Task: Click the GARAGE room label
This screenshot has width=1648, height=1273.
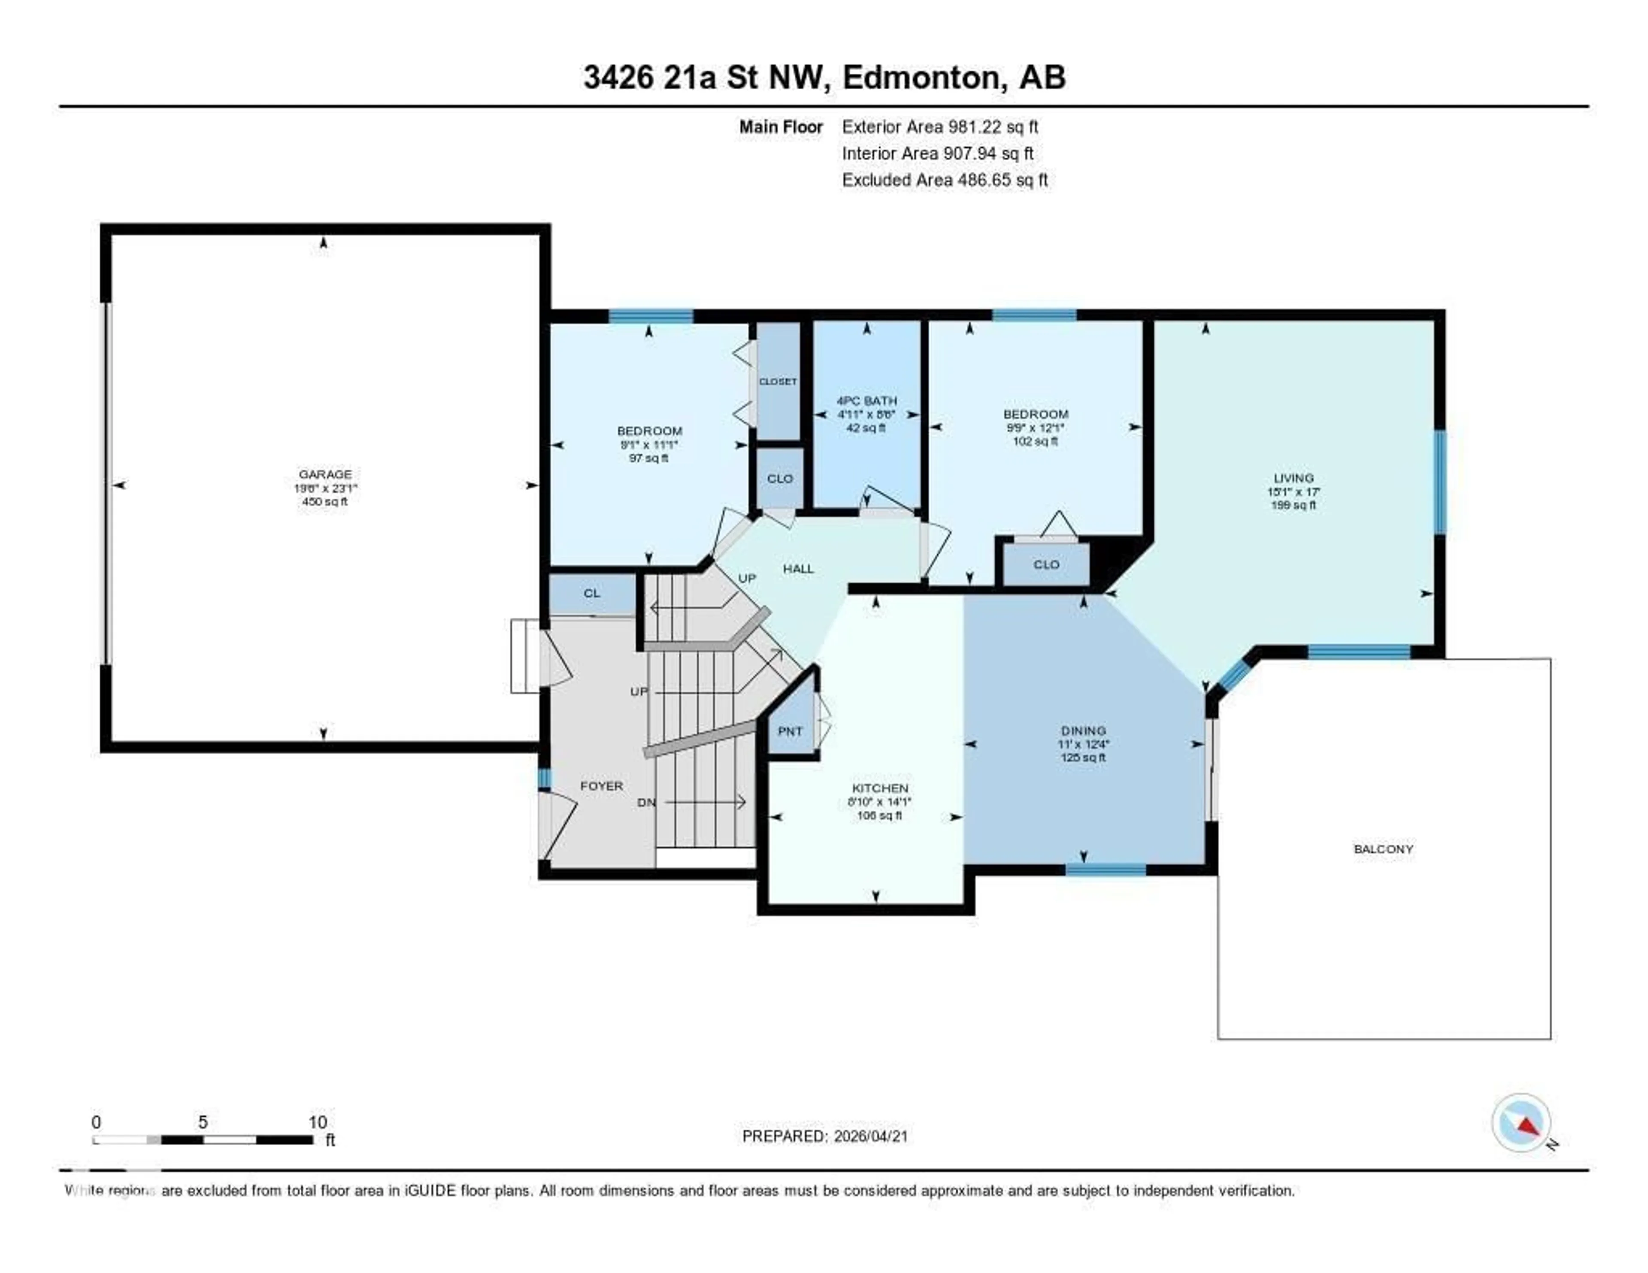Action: point(324,474)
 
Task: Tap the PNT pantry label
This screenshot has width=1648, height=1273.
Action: point(790,731)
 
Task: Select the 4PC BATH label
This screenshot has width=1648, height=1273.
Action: point(866,401)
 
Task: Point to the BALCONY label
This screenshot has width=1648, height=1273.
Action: point(1383,849)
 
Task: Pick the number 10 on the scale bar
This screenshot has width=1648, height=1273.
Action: point(318,1122)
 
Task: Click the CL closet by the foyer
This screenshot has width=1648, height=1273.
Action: point(591,593)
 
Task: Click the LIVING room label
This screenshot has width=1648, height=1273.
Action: point(1294,478)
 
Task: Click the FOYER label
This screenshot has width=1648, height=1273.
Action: point(601,785)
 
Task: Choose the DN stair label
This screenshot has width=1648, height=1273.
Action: point(646,802)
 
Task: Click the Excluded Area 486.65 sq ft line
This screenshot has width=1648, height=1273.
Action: point(945,179)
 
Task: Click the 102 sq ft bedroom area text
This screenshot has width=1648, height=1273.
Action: point(1035,442)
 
